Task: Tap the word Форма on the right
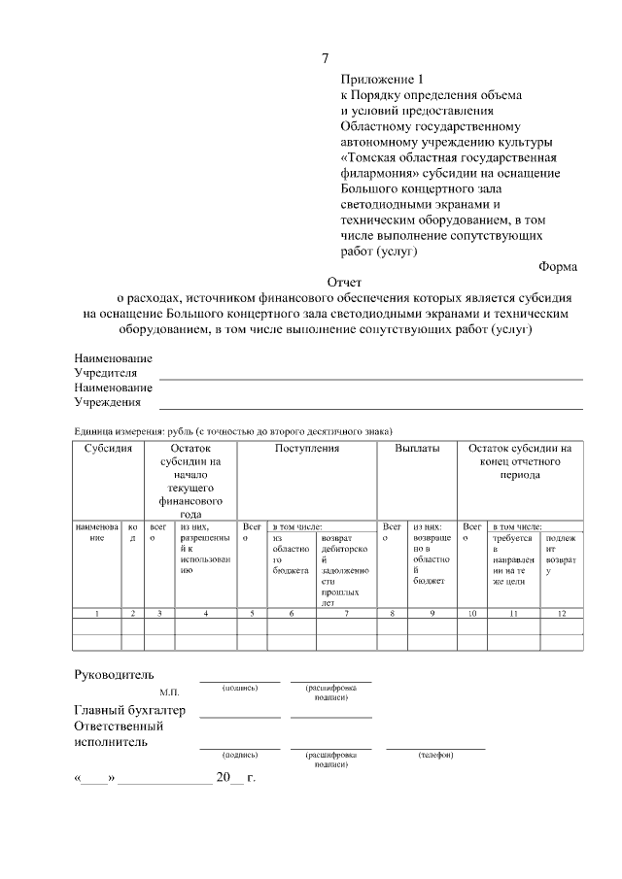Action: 557,266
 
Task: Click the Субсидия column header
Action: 108,449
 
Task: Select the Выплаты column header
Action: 417,449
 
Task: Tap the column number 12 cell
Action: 563,614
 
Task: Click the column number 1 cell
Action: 96,614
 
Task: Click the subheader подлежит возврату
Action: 563,555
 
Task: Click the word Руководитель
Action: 114,675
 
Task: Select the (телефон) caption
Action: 435,755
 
